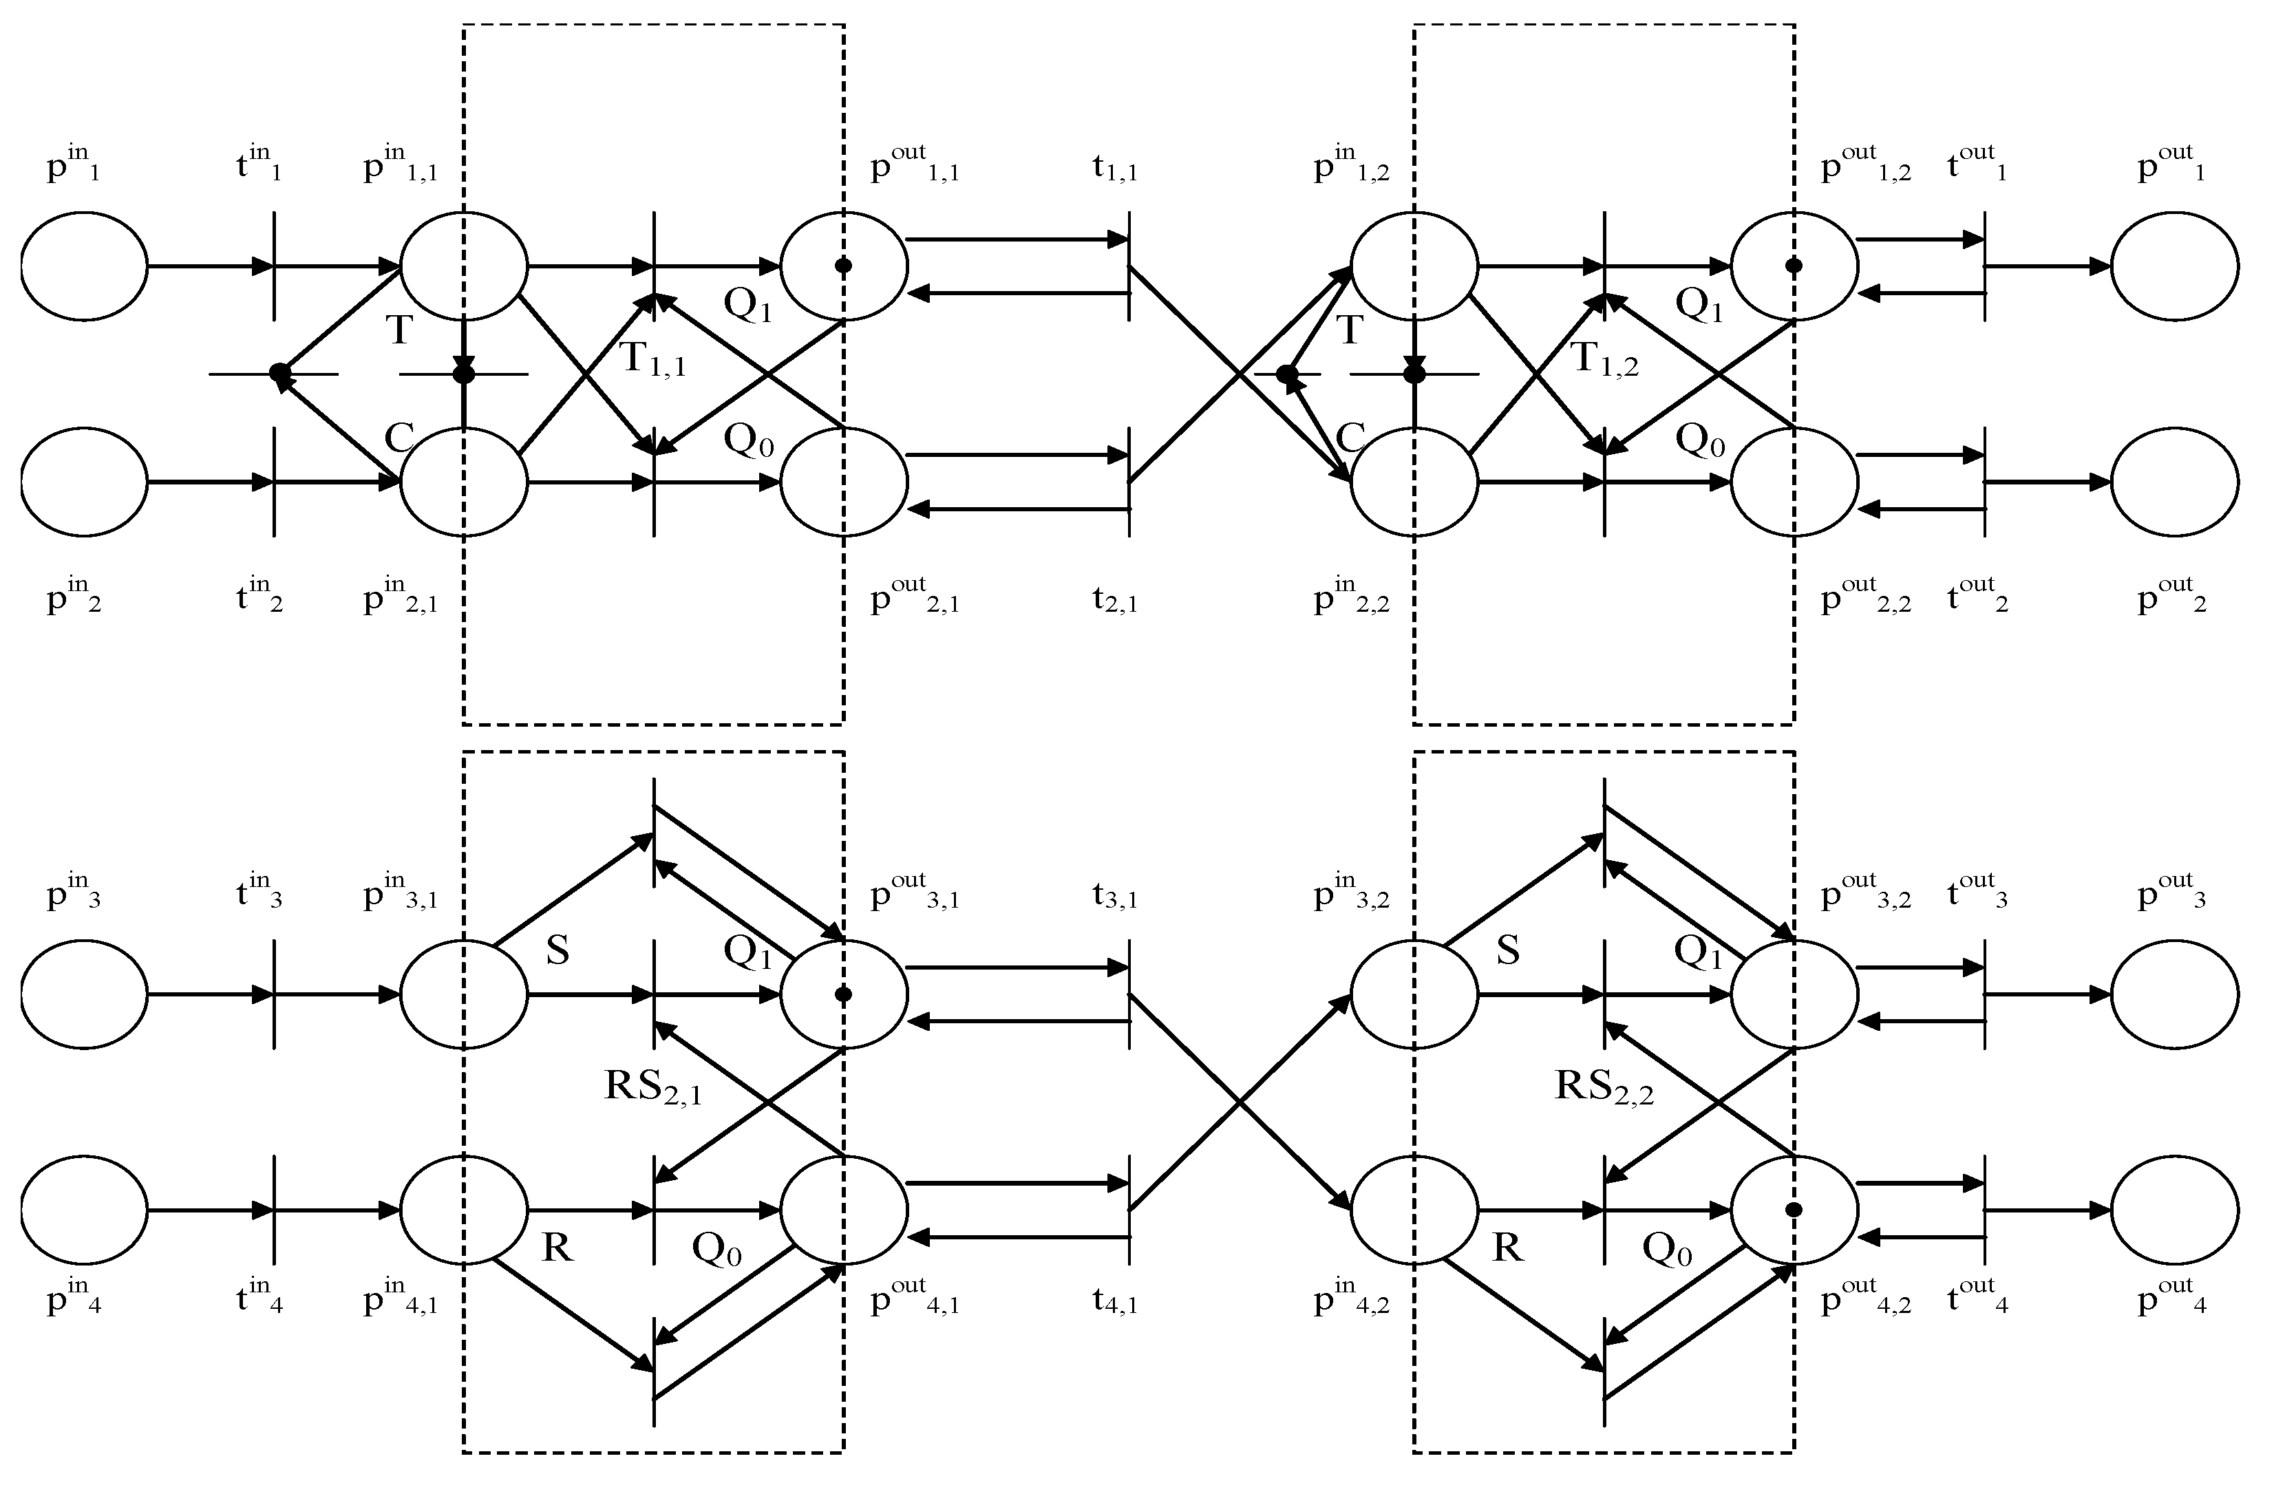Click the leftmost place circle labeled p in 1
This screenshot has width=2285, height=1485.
(x=85, y=266)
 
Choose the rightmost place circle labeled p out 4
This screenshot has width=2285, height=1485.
(x=2175, y=1210)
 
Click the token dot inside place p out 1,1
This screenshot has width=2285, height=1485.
(x=843, y=266)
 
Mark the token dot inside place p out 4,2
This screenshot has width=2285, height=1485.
(x=1794, y=1210)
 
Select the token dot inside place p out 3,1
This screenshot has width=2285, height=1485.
(x=843, y=994)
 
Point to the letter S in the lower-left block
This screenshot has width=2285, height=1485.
(x=557, y=950)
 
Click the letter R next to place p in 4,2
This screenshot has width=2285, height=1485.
(x=1507, y=1248)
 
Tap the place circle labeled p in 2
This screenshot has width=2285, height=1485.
(x=85, y=482)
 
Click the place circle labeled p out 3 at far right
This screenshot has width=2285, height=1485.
(x=2175, y=994)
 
